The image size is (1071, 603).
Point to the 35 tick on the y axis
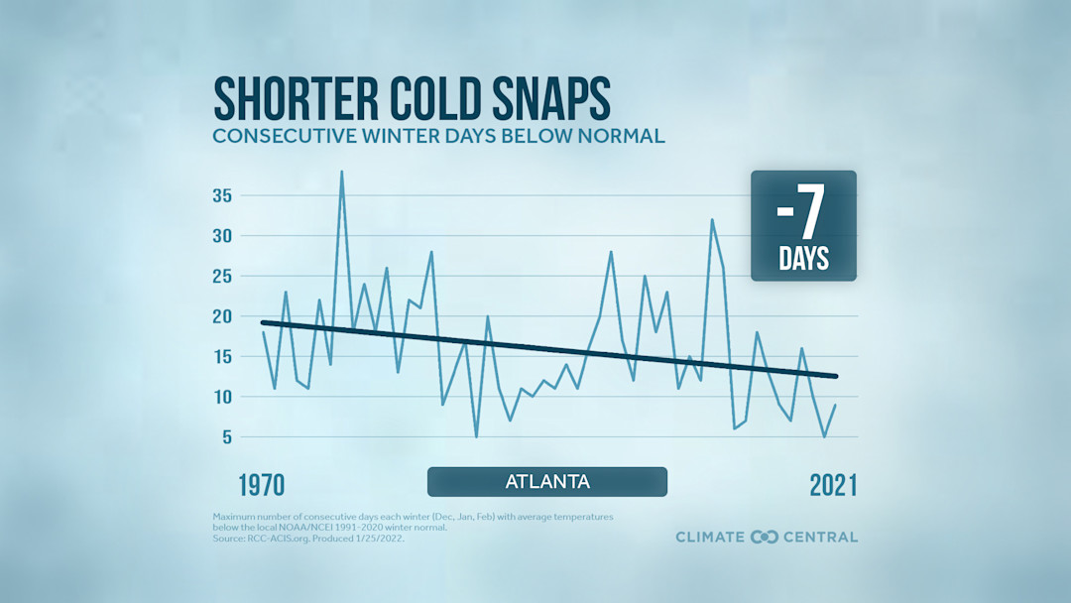point(221,195)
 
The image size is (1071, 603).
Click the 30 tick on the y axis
point(221,236)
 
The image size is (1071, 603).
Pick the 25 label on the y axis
point(221,277)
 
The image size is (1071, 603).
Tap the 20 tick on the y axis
point(221,316)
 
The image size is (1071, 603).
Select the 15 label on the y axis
point(221,357)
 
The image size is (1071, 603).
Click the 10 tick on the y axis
point(221,397)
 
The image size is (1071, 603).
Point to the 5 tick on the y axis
point(227,437)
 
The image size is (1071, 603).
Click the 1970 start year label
point(261,485)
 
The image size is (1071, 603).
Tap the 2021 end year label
point(833,485)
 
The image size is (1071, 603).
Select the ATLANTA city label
point(547,482)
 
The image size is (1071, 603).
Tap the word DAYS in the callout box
point(803,260)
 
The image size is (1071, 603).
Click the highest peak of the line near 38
point(342,173)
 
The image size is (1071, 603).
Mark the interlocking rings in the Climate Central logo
point(765,537)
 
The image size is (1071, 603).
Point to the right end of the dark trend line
point(837,376)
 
